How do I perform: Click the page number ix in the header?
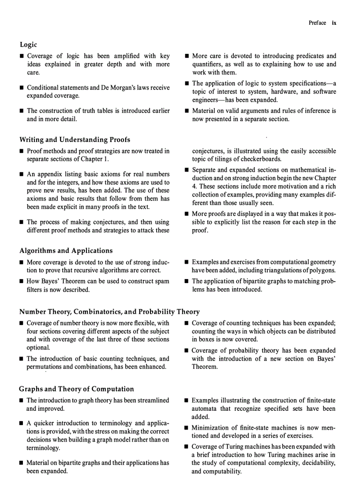tap(334, 23)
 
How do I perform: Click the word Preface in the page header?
tap(318, 23)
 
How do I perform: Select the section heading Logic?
tap(28, 45)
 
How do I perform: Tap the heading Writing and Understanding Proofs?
tap(75, 140)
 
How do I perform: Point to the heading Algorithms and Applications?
tap(66, 250)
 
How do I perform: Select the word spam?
tap(163, 282)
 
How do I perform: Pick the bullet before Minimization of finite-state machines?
tap(187, 428)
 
